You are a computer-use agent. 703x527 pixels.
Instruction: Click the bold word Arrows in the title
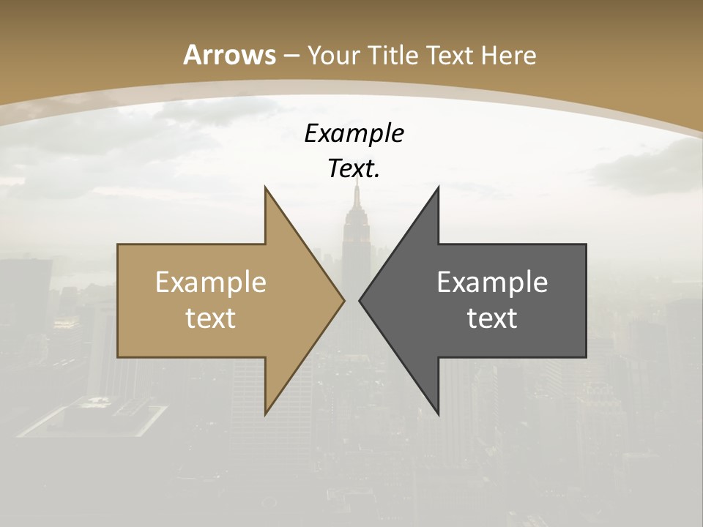pyautogui.click(x=229, y=55)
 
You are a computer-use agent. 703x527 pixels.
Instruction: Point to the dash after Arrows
pyautogui.click(x=291, y=56)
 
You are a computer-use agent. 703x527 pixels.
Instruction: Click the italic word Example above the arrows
pyautogui.click(x=354, y=133)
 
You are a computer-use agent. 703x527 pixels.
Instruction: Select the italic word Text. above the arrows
pyautogui.click(x=354, y=169)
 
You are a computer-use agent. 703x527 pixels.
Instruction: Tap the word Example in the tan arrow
pyautogui.click(x=211, y=283)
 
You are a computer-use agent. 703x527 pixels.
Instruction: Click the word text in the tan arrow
pyautogui.click(x=211, y=318)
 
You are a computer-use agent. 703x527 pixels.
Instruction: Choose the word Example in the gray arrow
pyautogui.click(x=492, y=283)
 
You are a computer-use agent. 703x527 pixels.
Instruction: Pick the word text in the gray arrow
pyautogui.click(x=492, y=318)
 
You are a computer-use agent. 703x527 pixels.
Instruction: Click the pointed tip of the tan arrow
pyautogui.click(x=343, y=300)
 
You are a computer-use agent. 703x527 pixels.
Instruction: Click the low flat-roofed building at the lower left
pyautogui.click(x=95, y=419)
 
